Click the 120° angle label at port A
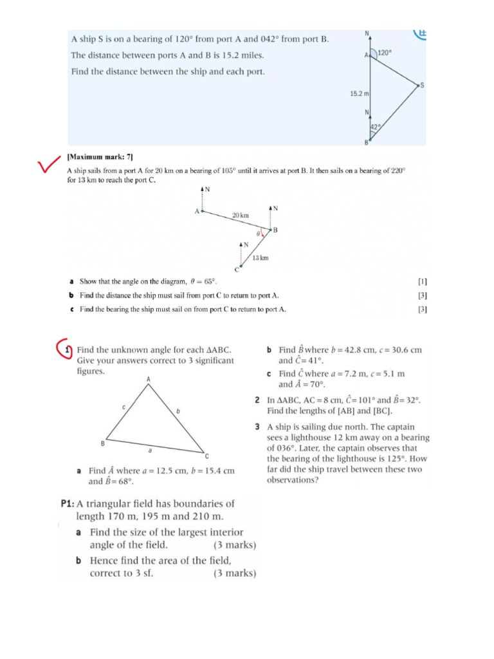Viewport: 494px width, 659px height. coord(384,54)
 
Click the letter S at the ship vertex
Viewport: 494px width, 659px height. coord(422,85)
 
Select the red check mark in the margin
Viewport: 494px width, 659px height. coord(49,167)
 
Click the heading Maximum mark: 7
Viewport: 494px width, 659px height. coord(100,156)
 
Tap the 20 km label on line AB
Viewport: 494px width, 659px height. coord(241,215)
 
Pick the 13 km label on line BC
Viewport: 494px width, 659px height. coord(260,258)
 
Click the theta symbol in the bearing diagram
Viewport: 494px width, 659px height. coord(258,235)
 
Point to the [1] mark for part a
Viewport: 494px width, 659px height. coord(422,281)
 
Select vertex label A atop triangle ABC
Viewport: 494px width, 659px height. coord(149,380)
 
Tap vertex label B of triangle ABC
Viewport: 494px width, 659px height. coord(102,443)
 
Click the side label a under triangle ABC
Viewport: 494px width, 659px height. coord(150,451)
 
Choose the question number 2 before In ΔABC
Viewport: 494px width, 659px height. coord(257,400)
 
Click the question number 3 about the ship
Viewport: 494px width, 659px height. coord(257,427)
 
